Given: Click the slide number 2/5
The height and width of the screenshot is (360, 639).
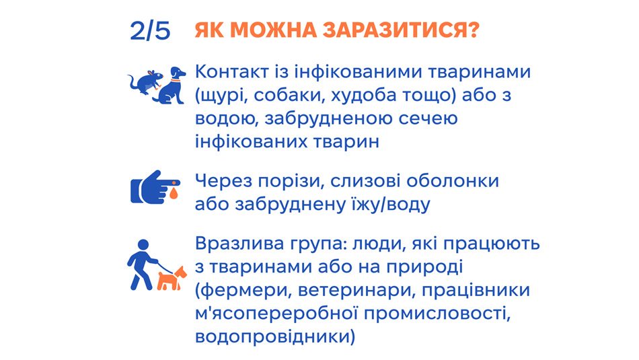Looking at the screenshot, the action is coord(150,30).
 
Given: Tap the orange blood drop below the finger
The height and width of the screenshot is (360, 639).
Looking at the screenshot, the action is coord(174,194).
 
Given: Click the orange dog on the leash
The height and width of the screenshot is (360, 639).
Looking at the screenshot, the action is coord(171,278).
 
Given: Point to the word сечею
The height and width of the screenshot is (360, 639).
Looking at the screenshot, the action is coord(428,118).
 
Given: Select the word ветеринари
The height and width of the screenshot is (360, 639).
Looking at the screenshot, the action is coord(356,290).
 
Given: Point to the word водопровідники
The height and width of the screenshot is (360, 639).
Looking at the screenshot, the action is coord(272,338).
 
